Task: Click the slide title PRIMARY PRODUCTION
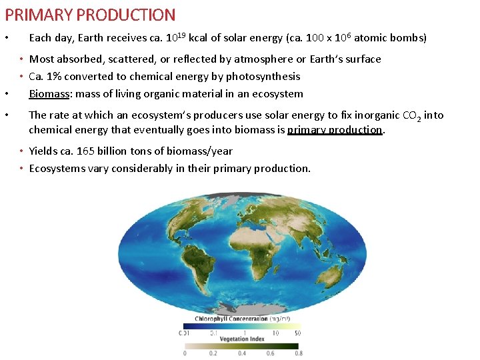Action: (x=90, y=15)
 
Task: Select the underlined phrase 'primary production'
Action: (x=335, y=129)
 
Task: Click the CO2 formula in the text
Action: (x=410, y=115)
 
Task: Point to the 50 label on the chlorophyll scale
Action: (x=297, y=332)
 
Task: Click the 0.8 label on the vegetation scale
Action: (x=299, y=353)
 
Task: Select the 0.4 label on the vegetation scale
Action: (x=241, y=353)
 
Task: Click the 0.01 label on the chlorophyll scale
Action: (x=183, y=332)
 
